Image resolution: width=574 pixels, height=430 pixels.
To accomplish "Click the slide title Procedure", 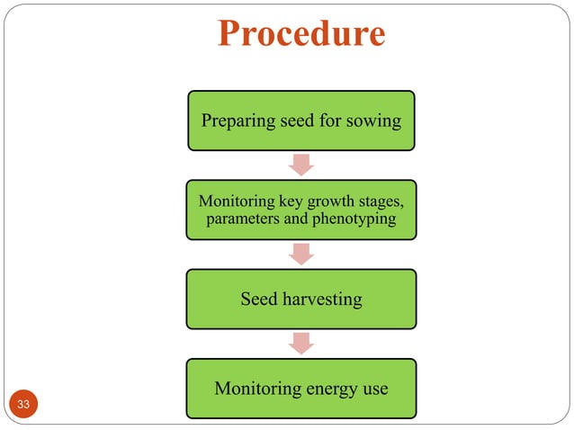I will pos(301,35).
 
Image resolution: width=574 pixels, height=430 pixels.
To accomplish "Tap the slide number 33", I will pos(23,405).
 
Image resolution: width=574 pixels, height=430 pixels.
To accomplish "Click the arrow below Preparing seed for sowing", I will pos(301,164).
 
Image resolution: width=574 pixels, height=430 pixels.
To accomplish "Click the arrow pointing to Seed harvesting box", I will pos(301,254).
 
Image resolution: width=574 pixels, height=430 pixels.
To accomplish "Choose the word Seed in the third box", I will pos(259,300).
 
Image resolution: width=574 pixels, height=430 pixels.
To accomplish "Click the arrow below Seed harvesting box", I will pos(301,343).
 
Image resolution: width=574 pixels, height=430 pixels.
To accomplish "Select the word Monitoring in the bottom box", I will pos(257,389).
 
